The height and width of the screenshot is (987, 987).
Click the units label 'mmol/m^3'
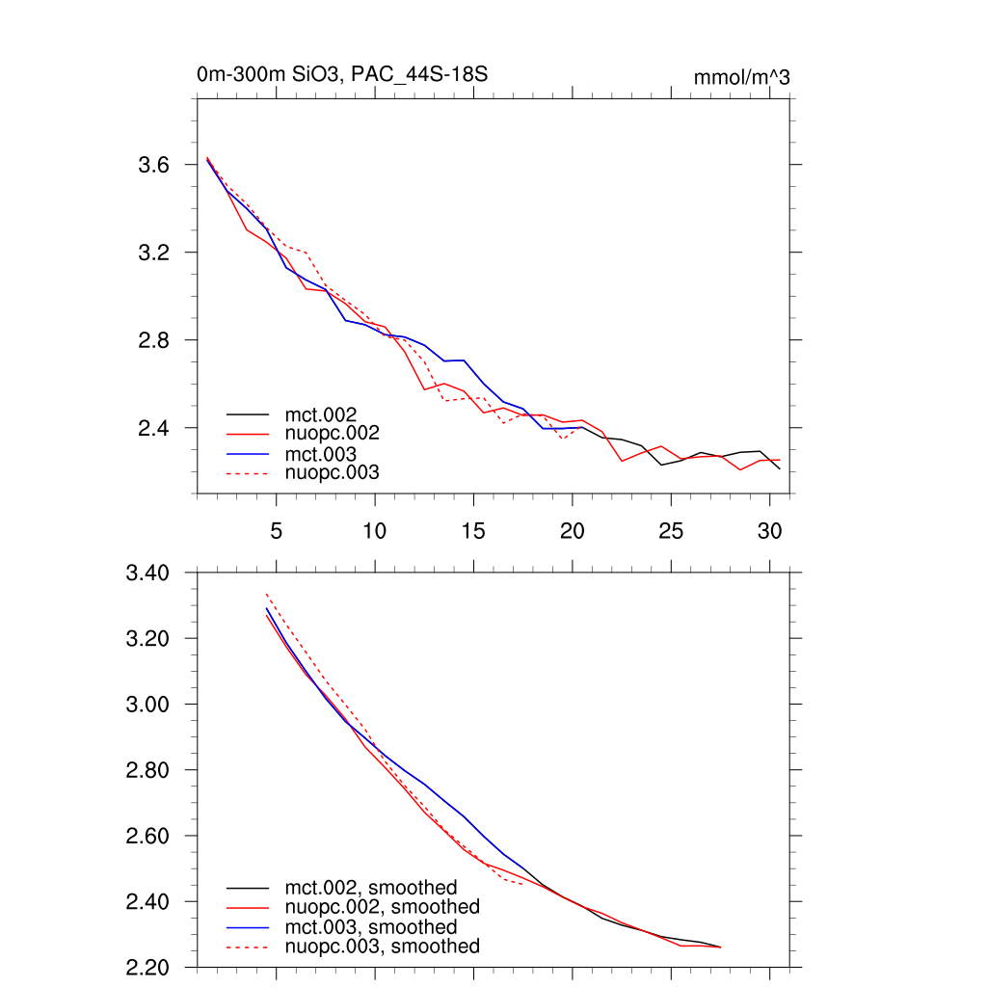[x=741, y=78]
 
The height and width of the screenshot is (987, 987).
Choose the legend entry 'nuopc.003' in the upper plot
[x=332, y=473]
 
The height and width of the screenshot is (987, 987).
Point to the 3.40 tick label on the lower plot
[x=147, y=574]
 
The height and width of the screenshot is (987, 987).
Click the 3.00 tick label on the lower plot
[x=147, y=705]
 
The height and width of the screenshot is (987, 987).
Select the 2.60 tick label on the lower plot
[x=147, y=836]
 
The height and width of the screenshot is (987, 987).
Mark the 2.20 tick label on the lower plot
[x=147, y=967]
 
